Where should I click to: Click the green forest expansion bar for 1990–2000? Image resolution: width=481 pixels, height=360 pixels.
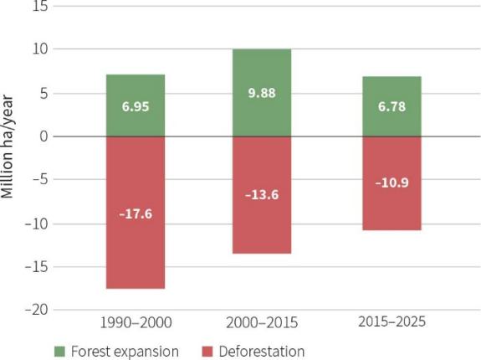pos(136,105)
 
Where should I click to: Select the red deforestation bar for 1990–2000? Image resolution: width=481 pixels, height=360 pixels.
pos(136,213)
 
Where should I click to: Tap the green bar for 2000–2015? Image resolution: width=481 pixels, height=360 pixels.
pos(262,92)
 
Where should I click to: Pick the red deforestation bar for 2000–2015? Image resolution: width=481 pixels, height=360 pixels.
pos(262,195)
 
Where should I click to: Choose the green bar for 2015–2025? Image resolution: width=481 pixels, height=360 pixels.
pos(391,106)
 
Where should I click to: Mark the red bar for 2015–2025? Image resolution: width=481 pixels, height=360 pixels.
pos(391,183)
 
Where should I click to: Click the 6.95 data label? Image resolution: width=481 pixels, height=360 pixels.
pos(136,106)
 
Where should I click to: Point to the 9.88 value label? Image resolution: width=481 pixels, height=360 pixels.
pos(262,93)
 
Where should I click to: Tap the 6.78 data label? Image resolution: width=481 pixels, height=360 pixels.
pos(391,106)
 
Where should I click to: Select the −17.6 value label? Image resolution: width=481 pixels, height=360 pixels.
pos(136,214)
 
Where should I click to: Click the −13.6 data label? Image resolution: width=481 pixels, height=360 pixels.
pos(262,195)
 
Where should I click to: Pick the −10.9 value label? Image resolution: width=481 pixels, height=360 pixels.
pos(391,183)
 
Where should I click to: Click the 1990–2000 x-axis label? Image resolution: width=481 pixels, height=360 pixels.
pos(136,322)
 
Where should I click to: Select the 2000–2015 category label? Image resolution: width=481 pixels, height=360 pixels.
pos(262,322)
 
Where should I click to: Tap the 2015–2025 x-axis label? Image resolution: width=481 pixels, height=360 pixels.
pos(391,321)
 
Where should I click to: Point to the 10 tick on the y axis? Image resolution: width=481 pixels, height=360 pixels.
pos(40,49)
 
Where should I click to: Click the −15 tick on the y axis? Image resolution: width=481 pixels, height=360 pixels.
pos(37,267)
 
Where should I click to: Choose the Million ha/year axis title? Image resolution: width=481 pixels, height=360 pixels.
pos(7,147)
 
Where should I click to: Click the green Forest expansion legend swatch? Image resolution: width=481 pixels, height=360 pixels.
pos(59,352)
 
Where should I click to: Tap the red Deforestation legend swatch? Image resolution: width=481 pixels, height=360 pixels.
pos(207,352)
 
